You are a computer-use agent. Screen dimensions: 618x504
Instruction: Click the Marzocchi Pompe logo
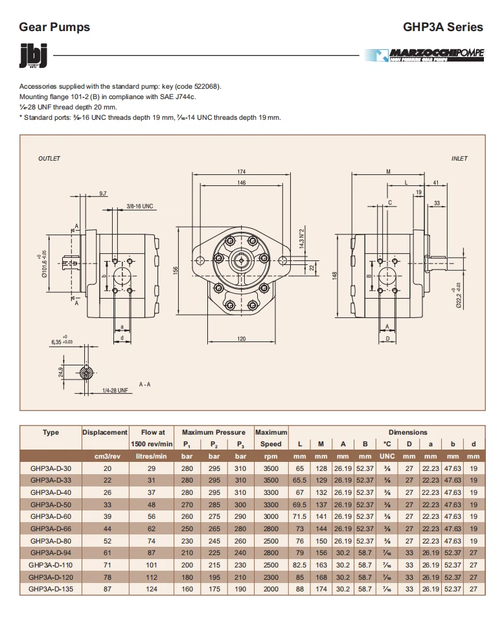coord(424,56)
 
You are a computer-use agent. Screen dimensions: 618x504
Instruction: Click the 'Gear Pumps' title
coord(54,27)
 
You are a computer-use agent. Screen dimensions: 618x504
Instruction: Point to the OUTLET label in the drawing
coord(49,159)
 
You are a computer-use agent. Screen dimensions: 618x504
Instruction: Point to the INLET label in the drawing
coord(459,159)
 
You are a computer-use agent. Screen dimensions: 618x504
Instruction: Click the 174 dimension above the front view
coord(241,172)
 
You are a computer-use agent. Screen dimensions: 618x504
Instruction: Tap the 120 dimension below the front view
coord(241,339)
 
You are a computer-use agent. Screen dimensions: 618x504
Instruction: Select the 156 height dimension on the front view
coord(176,270)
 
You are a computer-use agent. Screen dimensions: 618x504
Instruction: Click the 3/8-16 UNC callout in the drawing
coord(139,206)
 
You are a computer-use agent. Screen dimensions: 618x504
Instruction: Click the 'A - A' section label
coord(144,384)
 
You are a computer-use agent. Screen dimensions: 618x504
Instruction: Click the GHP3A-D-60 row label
coord(51,516)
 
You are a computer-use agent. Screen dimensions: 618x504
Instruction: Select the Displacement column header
coord(105,432)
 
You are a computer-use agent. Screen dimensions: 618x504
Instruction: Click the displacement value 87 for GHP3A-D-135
coord(108,589)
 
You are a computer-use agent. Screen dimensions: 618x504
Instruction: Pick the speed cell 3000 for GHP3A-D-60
coord(271,516)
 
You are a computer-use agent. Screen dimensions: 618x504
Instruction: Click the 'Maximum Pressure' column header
coord(213,432)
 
